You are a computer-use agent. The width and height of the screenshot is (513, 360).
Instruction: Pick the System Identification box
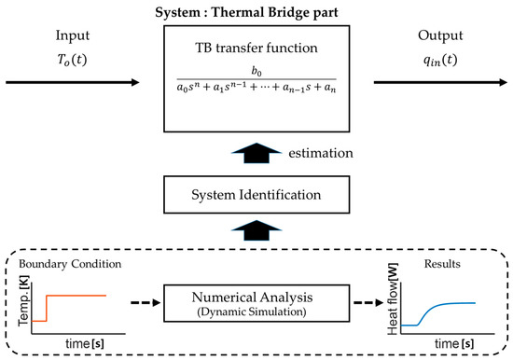pyautogui.click(x=256, y=197)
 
